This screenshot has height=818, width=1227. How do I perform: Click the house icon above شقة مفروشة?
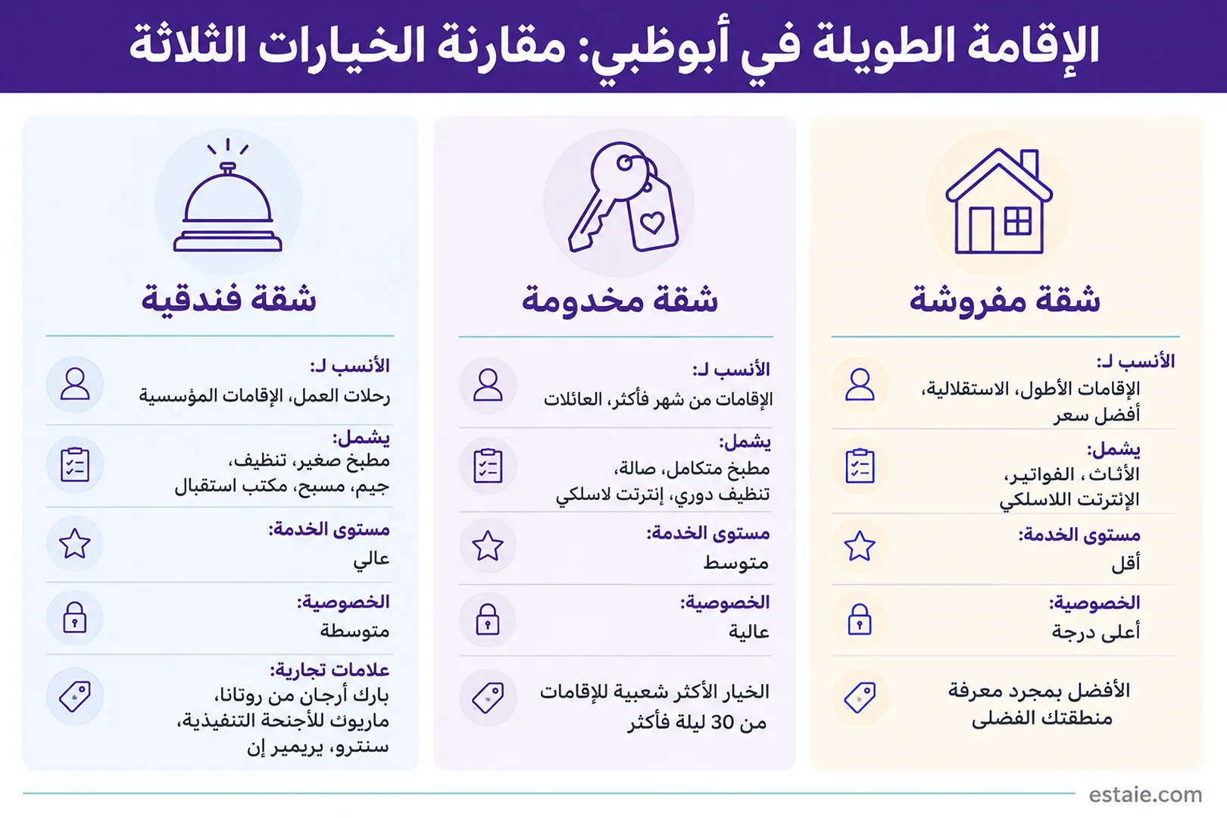998,201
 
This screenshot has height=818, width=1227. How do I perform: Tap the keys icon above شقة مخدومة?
623,197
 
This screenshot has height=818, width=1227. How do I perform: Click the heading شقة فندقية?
229,299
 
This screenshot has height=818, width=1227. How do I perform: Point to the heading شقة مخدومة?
620,299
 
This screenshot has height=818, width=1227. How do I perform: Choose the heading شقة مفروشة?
1004,299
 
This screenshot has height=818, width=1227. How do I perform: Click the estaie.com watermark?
1145,795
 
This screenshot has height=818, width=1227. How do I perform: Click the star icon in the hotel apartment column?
74,544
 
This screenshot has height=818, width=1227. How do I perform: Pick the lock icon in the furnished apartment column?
860,620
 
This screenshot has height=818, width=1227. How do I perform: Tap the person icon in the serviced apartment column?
488,385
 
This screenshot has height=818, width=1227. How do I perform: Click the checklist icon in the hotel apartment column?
75,464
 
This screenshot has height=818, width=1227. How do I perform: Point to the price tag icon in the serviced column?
488,697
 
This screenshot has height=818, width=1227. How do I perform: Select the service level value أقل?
1126,564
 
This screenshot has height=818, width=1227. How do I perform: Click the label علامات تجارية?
329,670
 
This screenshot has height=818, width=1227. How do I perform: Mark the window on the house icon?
1018,221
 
